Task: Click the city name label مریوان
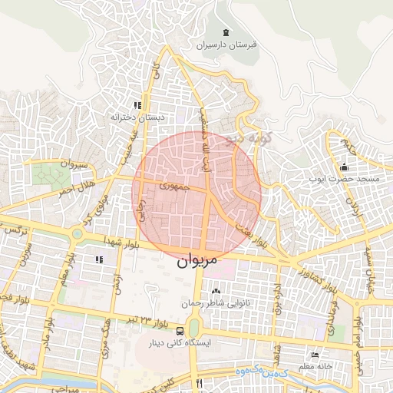[x=198, y=260]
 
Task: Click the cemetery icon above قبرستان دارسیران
[x=225, y=33]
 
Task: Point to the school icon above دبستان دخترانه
[x=137, y=105]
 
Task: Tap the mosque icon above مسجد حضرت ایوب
[x=345, y=167]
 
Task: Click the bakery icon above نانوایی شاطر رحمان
[x=215, y=292]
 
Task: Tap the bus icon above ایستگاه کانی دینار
[x=180, y=331]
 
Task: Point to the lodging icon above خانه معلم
[x=315, y=355]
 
